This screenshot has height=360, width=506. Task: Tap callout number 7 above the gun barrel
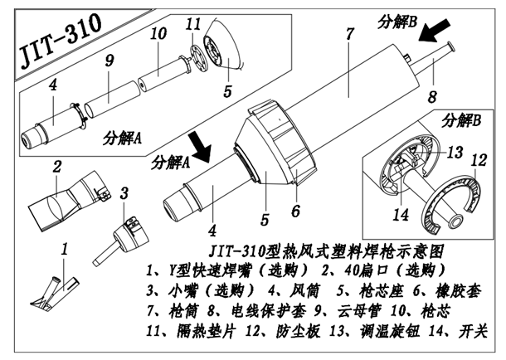click(349, 34)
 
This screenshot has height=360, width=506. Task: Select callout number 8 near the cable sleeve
click(431, 97)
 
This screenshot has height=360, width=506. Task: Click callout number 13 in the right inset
click(454, 151)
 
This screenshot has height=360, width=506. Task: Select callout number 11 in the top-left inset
click(193, 24)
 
